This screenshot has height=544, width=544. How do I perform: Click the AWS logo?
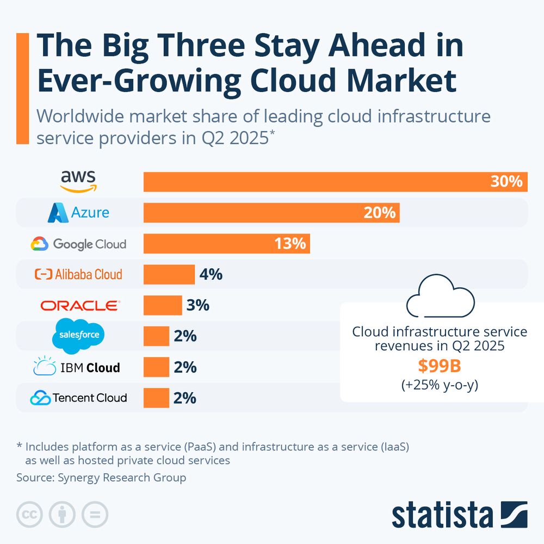(78, 181)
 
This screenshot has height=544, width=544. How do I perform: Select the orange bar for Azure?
(271, 213)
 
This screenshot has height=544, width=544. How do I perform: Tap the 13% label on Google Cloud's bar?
(290, 243)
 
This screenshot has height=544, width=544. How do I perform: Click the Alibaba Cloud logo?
(78, 274)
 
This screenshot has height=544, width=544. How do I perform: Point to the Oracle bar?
(163, 305)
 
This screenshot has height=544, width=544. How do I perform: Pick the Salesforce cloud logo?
(78, 335)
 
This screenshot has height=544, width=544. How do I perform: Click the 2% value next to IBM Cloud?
(185, 367)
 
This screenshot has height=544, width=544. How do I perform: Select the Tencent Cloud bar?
(156, 398)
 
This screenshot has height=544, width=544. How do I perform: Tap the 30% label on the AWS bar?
(506, 182)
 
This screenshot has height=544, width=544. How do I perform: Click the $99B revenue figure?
(439, 366)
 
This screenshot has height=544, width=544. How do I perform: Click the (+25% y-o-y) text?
(439, 385)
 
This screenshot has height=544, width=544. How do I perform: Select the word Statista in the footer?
(442, 514)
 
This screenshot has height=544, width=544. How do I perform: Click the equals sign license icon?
(95, 514)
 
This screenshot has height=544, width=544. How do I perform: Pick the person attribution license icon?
(63, 514)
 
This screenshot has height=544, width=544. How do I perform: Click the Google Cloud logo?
(78, 244)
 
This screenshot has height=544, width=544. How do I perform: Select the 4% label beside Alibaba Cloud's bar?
(211, 274)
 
